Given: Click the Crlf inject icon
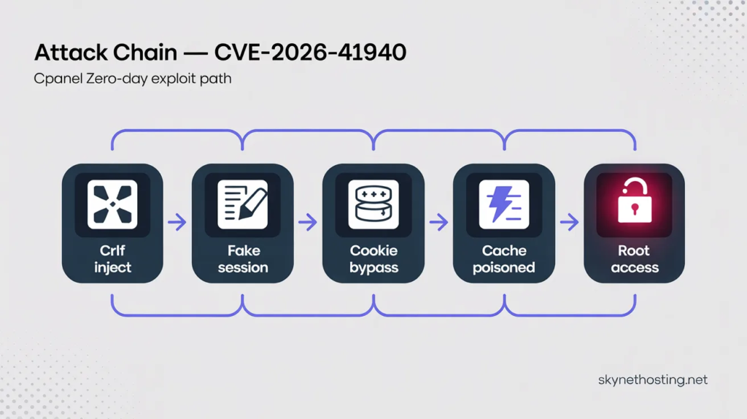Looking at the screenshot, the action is (112, 204).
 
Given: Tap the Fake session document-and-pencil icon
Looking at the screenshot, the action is (242, 204).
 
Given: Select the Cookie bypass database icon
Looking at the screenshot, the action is (373, 204).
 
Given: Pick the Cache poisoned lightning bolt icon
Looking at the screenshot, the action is (504, 204).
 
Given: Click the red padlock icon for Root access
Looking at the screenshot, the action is (635, 201).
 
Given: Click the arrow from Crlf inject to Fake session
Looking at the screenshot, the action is (177, 222).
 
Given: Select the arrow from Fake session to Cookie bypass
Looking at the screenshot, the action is (308, 222).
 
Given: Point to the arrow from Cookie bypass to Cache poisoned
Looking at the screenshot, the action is (438, 222).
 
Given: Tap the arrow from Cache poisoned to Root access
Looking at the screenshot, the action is (569, 222).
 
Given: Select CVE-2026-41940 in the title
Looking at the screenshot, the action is (310, 52).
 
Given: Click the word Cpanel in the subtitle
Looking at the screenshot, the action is (58, 79).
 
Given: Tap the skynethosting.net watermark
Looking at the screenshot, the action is (653, 380).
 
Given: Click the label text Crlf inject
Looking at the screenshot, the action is (112, 259).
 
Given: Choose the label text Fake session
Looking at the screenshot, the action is (243, 259).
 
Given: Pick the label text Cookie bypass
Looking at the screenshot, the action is (373, 259).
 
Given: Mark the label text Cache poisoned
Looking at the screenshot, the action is (504, 259).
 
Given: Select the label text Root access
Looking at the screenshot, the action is (635, 259).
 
